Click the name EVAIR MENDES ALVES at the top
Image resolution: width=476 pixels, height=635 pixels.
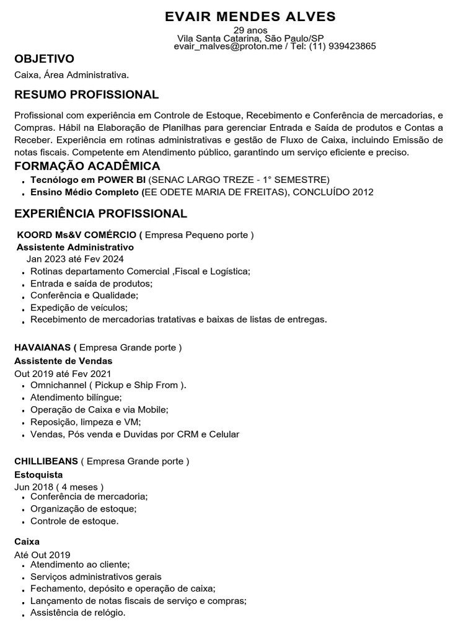250,16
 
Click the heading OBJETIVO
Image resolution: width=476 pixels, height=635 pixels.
44,59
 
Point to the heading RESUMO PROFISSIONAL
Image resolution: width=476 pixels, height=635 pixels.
86,95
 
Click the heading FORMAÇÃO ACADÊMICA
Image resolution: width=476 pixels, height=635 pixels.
87,166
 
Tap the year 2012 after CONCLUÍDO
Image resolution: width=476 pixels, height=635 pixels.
363,192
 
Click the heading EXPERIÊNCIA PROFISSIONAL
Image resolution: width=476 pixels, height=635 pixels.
100,214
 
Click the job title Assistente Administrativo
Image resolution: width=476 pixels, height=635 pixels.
75,247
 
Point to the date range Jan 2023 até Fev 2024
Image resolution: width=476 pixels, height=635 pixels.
75,259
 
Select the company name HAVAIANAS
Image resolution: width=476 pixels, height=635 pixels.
43,347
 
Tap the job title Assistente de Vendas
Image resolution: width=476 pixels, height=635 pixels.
63,360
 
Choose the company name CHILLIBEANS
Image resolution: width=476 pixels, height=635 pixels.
46,461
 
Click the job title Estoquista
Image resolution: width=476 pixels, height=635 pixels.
38,474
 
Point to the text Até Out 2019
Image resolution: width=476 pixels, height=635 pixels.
42,554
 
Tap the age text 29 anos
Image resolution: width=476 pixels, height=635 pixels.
250,30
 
